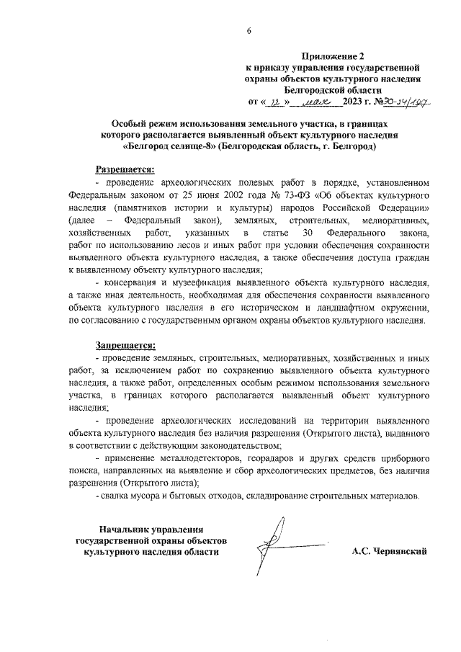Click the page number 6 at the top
[249, 30]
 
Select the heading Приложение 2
[334, 55]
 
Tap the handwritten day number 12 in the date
[273, 102]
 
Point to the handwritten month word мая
[316, 102]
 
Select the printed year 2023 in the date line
[356, 102]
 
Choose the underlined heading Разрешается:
[125, 169]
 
